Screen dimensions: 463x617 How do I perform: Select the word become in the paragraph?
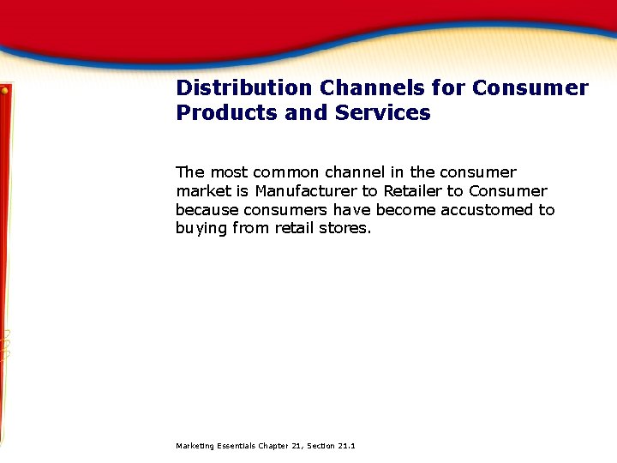click(404, 210)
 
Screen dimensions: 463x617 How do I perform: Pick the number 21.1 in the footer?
click(346, 446)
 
